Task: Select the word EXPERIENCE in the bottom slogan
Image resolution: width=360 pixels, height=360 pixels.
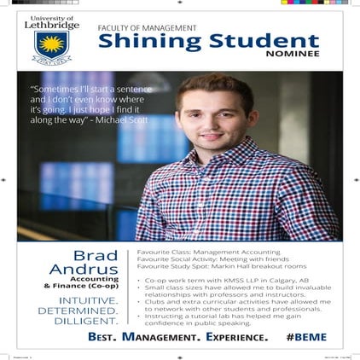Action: click(x=232, y=339)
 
